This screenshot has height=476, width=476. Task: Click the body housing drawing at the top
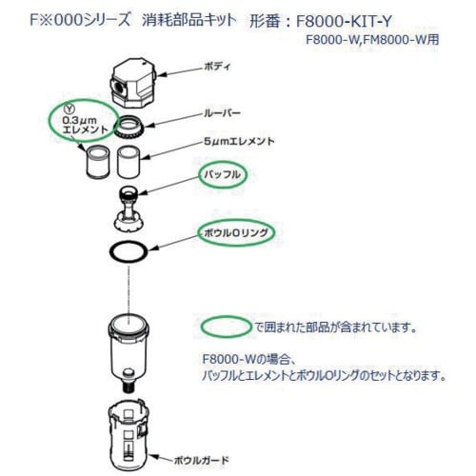[133, 83]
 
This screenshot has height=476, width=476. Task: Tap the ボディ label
[217, 67]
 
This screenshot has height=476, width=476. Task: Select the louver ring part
[129, 127]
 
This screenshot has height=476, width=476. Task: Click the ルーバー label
[222, 113]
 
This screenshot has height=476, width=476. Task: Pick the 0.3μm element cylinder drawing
[98, 161]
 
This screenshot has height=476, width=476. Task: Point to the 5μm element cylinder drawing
[129, 161]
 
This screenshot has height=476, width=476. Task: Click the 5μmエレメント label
[239, 141]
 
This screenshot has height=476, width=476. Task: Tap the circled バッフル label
[223, 175]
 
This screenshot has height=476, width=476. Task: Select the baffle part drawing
[129, 208]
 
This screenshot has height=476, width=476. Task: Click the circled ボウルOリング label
[236, 233]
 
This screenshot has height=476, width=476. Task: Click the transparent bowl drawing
[129, 349]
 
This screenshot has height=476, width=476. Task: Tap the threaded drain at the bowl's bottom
[129, 384]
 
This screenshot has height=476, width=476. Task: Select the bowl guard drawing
[129, 436]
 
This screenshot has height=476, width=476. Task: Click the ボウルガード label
[201, 460]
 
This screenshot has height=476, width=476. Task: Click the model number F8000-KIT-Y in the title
[344, 22]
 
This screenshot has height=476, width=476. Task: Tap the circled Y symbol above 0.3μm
[69, 109]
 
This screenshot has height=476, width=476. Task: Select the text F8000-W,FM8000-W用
[372, 40]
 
